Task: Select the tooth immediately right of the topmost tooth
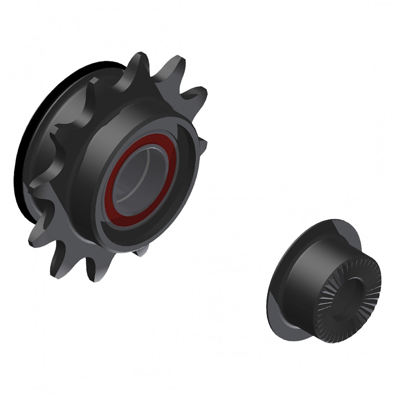[176, 69]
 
